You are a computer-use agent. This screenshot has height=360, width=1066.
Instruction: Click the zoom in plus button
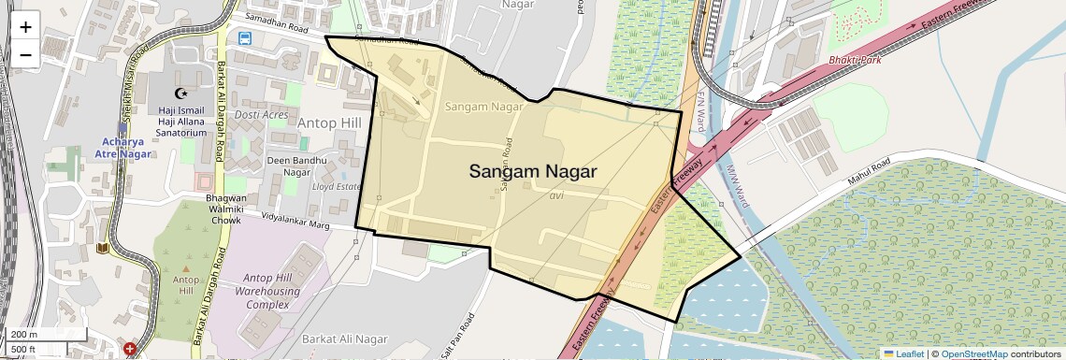(25, 27)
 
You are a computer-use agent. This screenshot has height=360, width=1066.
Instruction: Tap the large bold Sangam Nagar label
(532, 171)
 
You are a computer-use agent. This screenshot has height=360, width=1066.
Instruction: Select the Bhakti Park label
(855, 60)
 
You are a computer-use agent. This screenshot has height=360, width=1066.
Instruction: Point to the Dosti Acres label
(262, 114)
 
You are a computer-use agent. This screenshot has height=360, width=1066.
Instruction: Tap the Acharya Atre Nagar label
(125, 148)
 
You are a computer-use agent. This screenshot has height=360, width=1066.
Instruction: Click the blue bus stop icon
(245, 38)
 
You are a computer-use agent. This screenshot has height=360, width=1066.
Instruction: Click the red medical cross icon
(130, 350)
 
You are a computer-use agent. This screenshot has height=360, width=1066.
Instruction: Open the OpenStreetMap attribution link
(973, 354)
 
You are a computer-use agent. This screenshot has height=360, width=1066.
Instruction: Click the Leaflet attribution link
(903, 354)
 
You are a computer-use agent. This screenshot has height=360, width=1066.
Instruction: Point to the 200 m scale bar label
(24, 334)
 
